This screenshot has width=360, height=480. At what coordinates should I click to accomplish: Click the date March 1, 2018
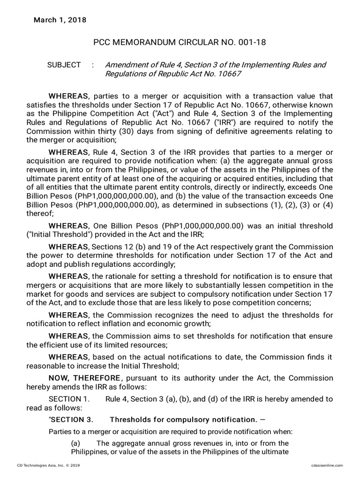[x=59, y=20]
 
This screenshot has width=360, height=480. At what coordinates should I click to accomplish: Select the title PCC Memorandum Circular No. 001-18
[x=180, y=43]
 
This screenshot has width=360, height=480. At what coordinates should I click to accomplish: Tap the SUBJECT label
[x=64, y=65]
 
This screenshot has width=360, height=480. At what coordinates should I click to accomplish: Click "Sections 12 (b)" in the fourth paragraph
[x=117, y=247]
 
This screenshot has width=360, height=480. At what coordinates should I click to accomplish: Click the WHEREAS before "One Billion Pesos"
[x=69, y=225]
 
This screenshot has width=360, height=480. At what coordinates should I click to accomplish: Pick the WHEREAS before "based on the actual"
[x=69, y=357]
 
